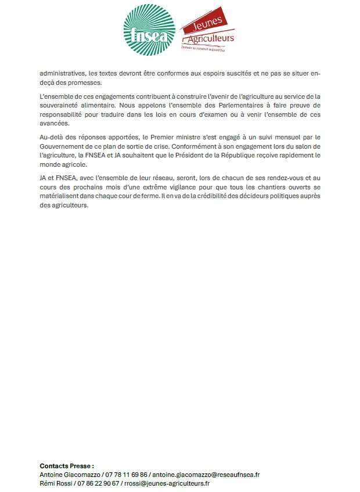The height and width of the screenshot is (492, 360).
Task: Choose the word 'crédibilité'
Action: (x=236, y=198)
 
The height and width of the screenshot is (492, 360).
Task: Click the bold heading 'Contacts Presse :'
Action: (x=67, y=466)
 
